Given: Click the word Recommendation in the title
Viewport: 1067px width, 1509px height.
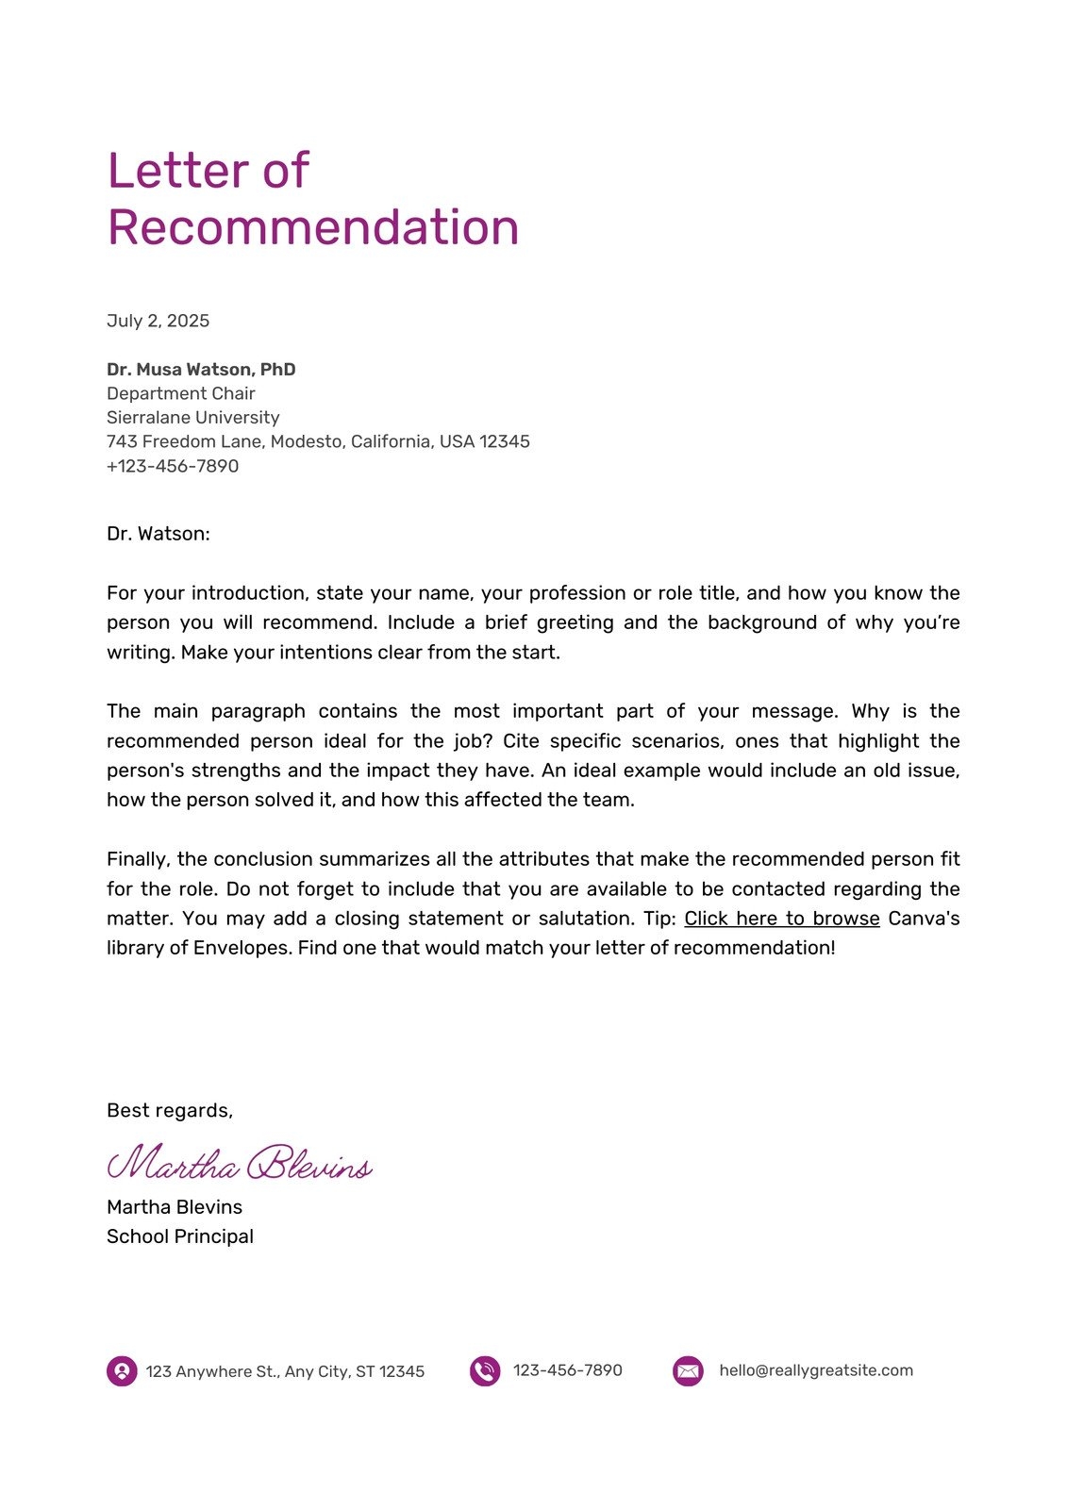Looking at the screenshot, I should pyautogui.click(x=313, y=227).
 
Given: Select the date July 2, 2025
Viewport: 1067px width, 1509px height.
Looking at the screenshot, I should pyautogui.click(x=158, y=321).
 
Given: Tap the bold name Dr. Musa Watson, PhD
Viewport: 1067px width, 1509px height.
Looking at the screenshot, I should pyautogui.click(x=201, y=369).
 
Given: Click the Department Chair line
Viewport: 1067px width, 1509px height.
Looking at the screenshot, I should pyautogui.click(x=180, y=393).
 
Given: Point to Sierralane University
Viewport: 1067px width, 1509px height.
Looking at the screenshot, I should pyautogui.click(x=192, y=417).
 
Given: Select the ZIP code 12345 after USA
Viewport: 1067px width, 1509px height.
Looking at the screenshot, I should pyautogui.click(x=505, y=441).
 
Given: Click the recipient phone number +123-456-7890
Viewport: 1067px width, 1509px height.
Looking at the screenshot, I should pyautogui.click(x=173, y=466).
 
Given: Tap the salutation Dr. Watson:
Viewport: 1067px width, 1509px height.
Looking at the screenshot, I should pyautogui.click(x=158, y=534).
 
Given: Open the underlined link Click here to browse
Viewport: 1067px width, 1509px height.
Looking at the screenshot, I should pyautogui.click(x=781, y=919).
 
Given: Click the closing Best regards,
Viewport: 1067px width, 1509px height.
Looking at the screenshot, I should pyautogui.click(x=169, y=1110).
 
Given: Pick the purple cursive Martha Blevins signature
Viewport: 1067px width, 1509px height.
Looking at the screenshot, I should pyautogui.click(x=240, y=1164).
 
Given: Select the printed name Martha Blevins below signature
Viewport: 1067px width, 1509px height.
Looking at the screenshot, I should pyautogui.click(x=175, y=1207).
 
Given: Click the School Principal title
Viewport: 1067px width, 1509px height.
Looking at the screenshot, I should pyautogui.click(x=180, y=1236).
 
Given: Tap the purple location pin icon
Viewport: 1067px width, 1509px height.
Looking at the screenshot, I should pyautogui.click(x=122, y=1371).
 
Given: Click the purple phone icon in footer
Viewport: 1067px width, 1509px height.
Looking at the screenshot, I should pyautogui.click(x=485, y=1371).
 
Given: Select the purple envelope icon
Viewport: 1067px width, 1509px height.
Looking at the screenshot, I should pyautogui.click(x=688, y=1371).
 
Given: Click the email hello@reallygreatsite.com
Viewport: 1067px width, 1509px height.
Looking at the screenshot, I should pyautogui.click(x=816, y=1370).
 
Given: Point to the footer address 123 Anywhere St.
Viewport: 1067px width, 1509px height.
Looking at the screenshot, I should pyautogui.click(x=285, y=1371).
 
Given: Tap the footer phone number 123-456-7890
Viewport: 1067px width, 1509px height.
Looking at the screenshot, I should pyautogui.click(x=568, y=1370).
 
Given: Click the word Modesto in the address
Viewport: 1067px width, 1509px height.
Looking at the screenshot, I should pyautogui.click(x=309, y=441).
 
